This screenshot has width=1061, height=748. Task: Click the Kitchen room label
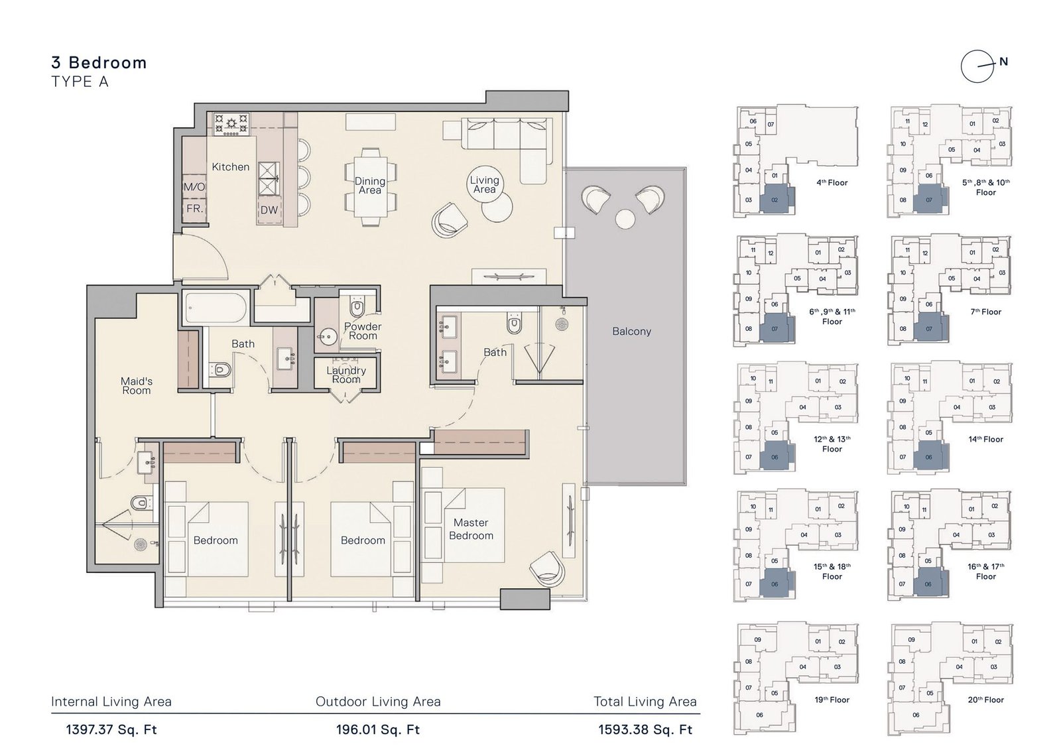pyautogui.click(x=230, y=167)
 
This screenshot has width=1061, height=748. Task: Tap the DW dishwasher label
pyautogui.click(x=269, y=210)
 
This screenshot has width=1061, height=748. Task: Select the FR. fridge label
pyautogui.click(x=194, y=208)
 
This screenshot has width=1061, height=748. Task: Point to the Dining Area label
pyautogui.click(x=369, y=186)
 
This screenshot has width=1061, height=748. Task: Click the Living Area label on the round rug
pyautogui.click(x=484, y=184)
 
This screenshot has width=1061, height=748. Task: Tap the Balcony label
pyautogui.click(x=631, y=332)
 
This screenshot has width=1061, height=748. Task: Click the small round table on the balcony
pyautogui.click(x=625, y=219)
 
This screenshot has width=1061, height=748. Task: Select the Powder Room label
pyautogui.click(x=363, y=331)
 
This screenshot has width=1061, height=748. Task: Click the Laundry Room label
pyautogui.click(x=346, y=375)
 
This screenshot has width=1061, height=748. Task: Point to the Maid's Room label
pyautogui.click(x=136, y=386)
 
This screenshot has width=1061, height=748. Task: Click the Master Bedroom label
pyautogui.click(x=471, y=529)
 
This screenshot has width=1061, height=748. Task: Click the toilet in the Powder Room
pyautogui.click(x=357, y=308)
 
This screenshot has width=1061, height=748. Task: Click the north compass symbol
pyautogui.click(x=979, y=66)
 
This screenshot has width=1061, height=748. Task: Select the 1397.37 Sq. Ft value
pyautogui.click(x=111, y=730)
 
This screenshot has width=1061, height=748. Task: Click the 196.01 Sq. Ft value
pyautogui.click(x=378, y=730)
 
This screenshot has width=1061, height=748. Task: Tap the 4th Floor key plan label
pyautogui.click(x=832, y=182)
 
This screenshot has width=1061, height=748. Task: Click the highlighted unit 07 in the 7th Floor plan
pyautogui.click(x=929, y=328)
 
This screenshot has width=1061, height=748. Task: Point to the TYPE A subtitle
pyautogui.click(x=80, y=82)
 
